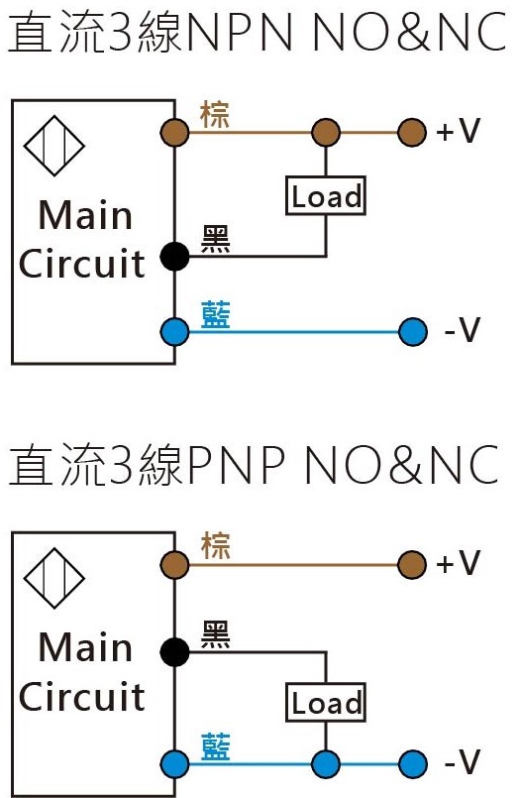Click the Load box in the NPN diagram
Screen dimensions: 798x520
click(x=326, y=196)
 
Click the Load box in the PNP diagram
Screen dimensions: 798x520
click(x=326, y=703)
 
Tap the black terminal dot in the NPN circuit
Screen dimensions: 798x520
click(x=175, y=257)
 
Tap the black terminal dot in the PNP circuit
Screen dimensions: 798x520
click(x=175, y=651)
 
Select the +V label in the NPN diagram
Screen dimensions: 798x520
click(x=458, y=131)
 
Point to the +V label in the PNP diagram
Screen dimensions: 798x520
click(x=458, y=564)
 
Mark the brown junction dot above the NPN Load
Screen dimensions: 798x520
click(x=326, y=131)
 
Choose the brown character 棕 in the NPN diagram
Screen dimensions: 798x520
click(x=215, y=114)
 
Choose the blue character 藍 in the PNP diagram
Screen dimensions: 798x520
click(x=215, y=745)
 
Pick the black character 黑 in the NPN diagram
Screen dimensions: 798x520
click(x=215, y=239)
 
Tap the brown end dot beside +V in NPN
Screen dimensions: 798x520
click(x=411, y=131)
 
